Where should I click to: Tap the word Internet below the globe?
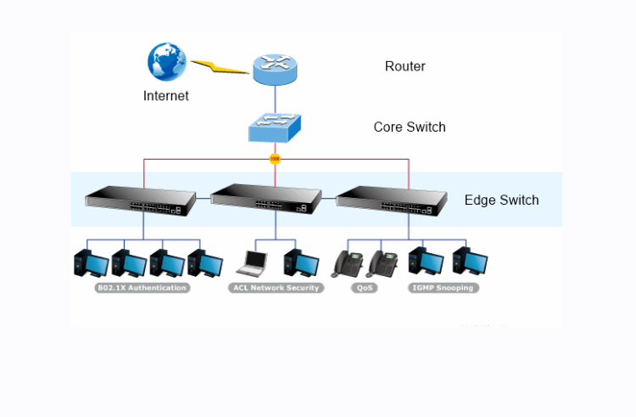tap(166, 96)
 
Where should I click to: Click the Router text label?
tap(404, 66)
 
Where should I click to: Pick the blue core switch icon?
tap(275, 127)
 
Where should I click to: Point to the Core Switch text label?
tap(410, 127)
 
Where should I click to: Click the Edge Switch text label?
tap(501, 200)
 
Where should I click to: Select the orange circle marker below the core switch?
tap(275, 159)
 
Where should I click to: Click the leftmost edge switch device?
tap(141, 200)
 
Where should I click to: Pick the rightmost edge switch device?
tap(392, 200)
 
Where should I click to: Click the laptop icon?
tap(252, 263)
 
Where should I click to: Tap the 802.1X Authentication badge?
tap(142, 288)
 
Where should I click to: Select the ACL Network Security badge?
tap(276, 288)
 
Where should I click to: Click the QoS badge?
tap(365, 288)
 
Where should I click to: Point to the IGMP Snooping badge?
tap(443, 288)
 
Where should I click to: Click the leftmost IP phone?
tap(346, 263)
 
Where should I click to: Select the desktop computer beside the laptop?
tap(301, 263)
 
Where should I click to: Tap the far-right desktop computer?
tap(471, 263)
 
